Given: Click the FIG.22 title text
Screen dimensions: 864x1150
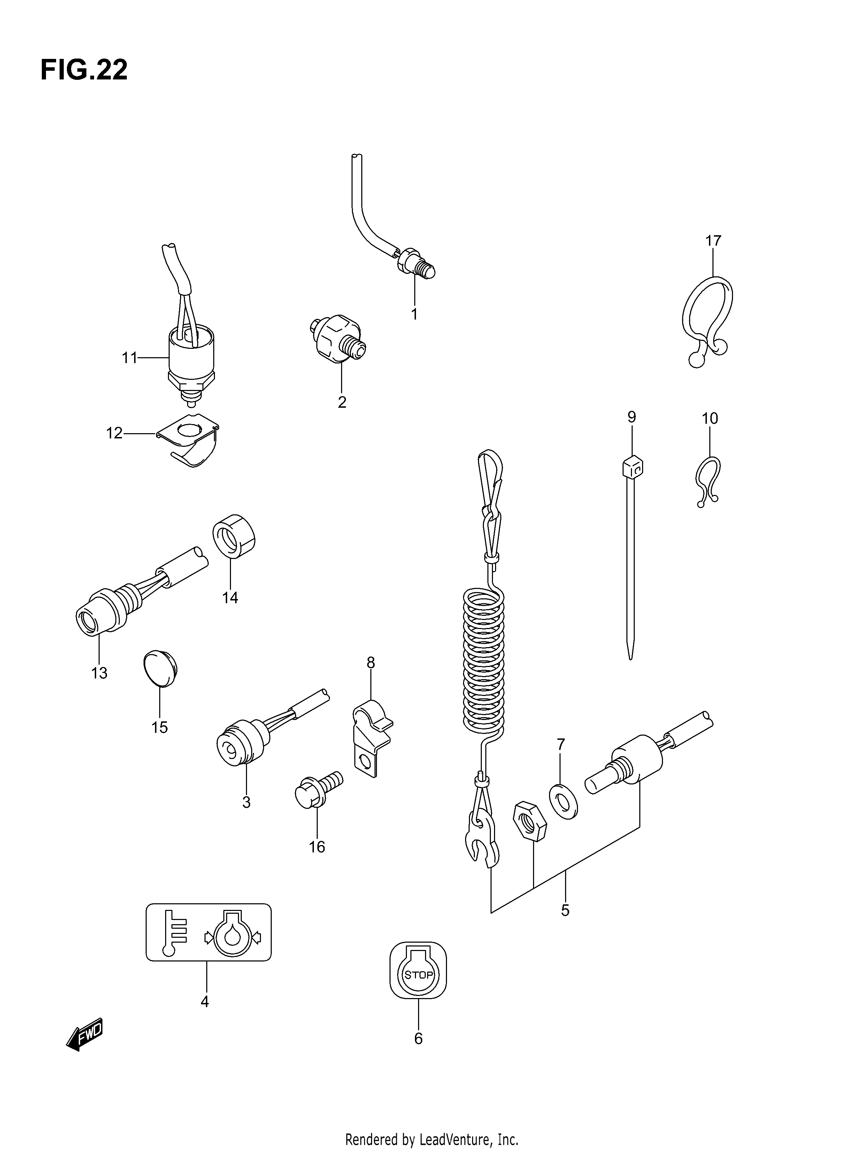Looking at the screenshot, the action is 84,70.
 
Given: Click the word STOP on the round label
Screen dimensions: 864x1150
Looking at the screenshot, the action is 418,975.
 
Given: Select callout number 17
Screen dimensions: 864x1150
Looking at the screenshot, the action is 713,241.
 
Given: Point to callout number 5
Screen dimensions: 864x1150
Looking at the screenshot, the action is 565,910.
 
